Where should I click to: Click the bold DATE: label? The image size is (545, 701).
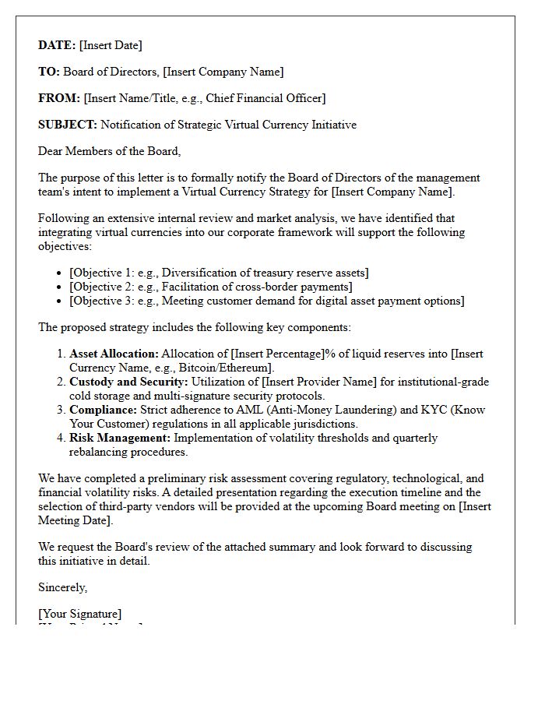[57, 45]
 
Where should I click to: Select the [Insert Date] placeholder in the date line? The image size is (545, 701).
[111, 45]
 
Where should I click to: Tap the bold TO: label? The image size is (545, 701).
[49, 72]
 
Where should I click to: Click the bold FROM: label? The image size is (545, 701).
[59, 98]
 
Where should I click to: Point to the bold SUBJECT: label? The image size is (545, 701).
[68, 125]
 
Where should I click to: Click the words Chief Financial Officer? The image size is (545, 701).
[265, 98]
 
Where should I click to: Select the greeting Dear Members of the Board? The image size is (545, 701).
[109, 151]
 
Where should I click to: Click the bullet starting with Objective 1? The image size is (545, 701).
[219, 273]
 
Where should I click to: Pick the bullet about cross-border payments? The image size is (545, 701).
[210, 287]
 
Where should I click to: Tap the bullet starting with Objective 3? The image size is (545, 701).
[266, 301]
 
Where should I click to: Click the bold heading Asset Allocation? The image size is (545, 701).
[114, 354]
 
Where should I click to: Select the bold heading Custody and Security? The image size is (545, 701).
[128, 382]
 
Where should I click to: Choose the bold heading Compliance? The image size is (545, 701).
[103, 410]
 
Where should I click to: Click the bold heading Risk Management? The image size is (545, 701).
[120, 438]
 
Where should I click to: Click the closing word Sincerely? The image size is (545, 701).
[62, 587]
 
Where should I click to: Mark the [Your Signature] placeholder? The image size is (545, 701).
[79, 614]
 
